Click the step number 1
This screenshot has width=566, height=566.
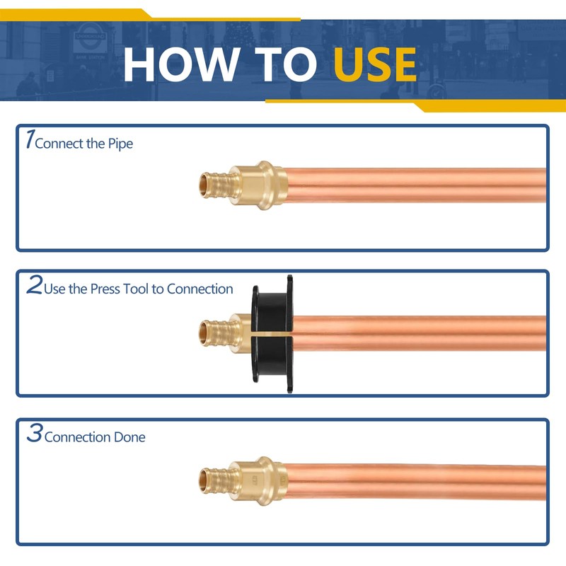[28, 139]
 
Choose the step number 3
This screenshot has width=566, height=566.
[34, 434]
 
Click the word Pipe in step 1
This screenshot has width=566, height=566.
[120, 144]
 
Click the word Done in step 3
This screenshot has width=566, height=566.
[129, 437]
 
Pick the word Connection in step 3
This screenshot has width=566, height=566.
[77, 437]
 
